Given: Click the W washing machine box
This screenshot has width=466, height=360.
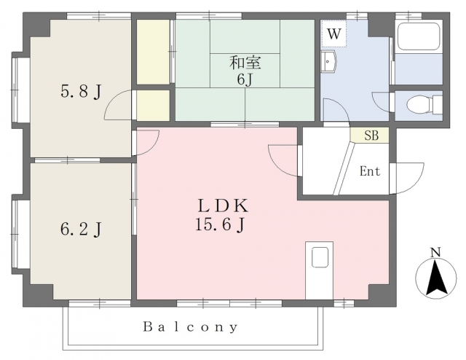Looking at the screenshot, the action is point(333,34).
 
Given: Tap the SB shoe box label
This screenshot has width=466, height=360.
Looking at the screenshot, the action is point(371,136).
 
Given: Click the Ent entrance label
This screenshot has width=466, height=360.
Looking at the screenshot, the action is point(370,171).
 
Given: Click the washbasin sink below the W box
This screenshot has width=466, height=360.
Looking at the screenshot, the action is point(328,61).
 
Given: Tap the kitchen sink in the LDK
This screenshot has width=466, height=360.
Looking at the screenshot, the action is point(320,257).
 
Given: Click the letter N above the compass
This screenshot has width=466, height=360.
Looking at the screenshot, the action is point(435,253).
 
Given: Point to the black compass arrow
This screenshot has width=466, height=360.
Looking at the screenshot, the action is point(436,278).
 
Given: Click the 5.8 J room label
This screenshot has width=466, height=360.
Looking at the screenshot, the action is point(81,92).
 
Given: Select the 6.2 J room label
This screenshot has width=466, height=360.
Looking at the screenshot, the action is point(81,230).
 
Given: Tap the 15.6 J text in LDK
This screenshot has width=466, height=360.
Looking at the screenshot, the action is point(220,224).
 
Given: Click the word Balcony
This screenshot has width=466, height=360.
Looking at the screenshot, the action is point(191,327).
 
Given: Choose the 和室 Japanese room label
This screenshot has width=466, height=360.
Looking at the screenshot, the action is point(245,63).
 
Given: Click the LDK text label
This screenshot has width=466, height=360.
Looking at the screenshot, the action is point(223,206).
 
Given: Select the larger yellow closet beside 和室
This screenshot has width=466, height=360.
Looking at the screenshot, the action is point(153,52).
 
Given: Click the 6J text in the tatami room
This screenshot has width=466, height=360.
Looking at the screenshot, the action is point(245,79).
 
